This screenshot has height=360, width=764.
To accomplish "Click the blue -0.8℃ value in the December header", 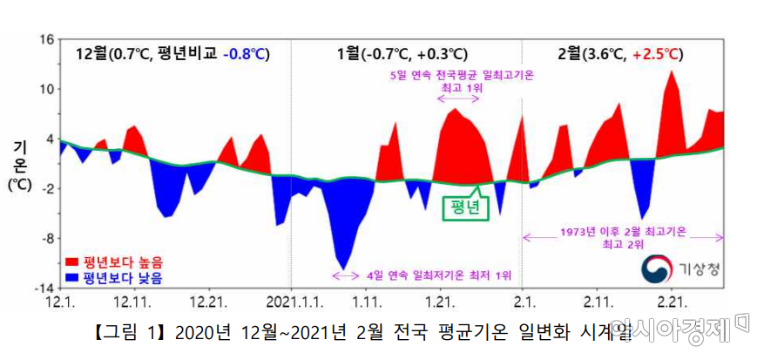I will [247, 55].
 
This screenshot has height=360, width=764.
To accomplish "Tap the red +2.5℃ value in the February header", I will [658, 55].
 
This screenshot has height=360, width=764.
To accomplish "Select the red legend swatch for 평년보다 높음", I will [73, 262].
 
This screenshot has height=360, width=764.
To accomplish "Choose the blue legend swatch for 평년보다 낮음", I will [73, 279].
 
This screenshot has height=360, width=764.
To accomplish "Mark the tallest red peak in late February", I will [671, 73].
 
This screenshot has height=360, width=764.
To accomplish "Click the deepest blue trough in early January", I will [344, 267].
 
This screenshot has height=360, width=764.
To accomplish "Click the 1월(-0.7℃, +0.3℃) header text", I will [402, 55].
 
